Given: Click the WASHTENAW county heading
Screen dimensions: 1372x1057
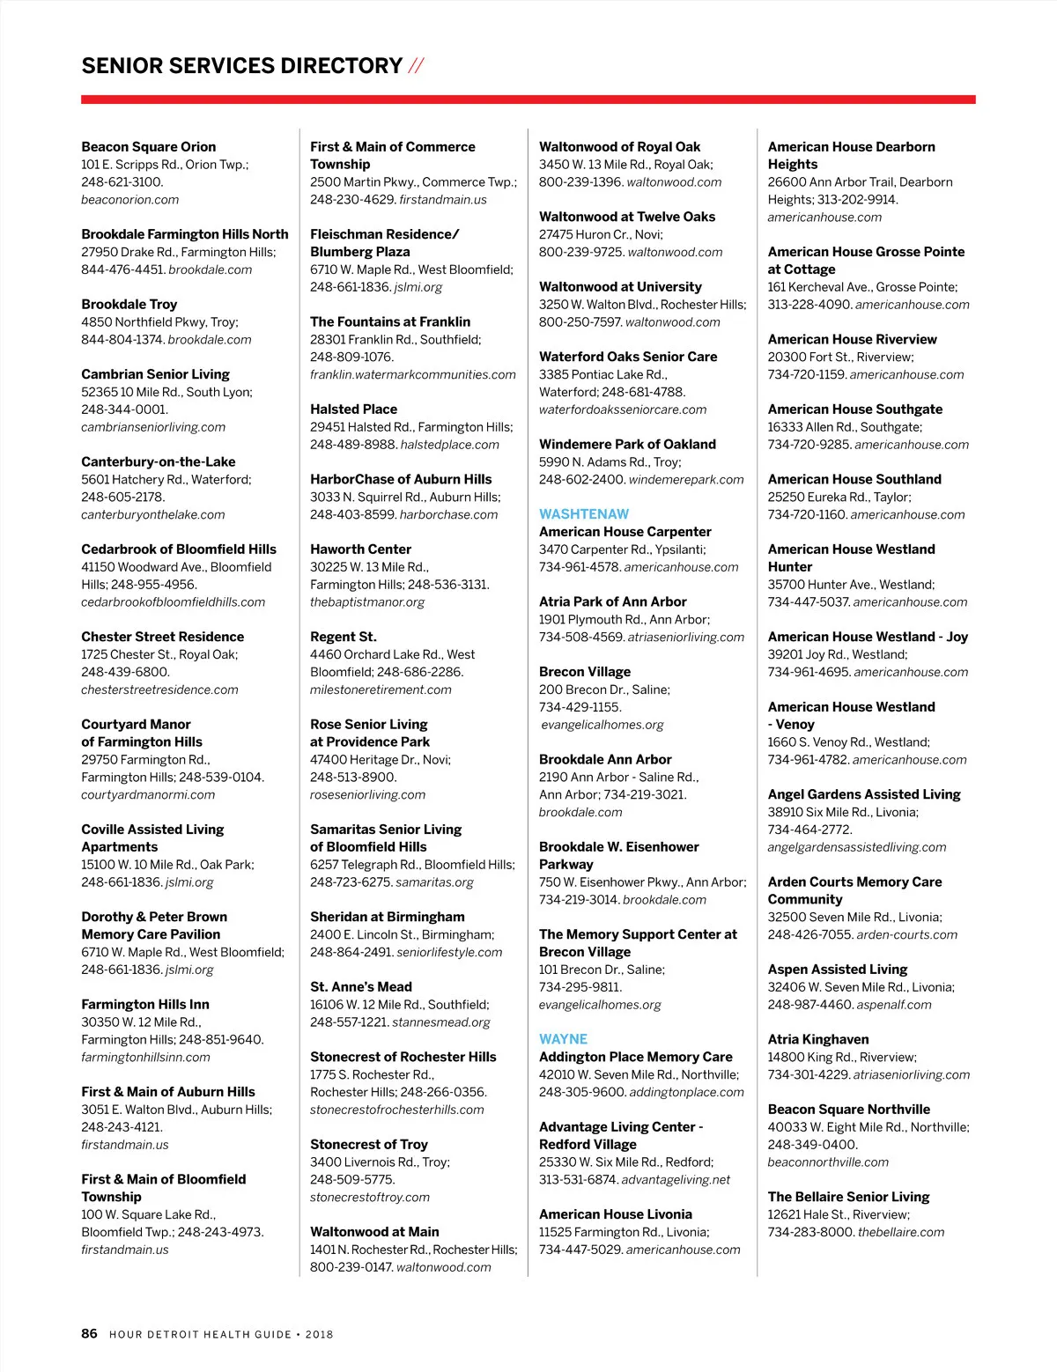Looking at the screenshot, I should (x=584, y=514).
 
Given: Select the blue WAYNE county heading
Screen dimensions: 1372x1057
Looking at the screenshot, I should (x=563, y=1039).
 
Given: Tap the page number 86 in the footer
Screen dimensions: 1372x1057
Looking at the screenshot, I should (x=89, y=1333).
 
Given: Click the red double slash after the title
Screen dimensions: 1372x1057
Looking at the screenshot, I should (x=416, y=66).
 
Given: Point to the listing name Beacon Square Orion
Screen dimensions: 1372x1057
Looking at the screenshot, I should (x=148, y=147).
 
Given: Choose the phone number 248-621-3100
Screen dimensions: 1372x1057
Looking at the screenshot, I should (x=122, y=182).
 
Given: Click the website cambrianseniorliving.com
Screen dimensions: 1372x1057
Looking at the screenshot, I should (x=153, y=427).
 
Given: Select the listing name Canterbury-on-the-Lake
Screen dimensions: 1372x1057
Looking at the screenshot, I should (x=158, y=461).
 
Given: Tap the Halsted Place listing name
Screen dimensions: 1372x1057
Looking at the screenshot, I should (x=353, y=409).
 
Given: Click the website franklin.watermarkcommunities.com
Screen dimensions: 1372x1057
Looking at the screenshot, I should (x=412, y=374).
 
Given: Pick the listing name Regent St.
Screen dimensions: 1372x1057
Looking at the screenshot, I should (x=343, y=637).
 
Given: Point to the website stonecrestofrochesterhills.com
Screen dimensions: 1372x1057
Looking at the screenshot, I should (x=396, y=1110).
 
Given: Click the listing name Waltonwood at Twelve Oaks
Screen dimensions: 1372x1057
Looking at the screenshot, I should (x=626, y=217).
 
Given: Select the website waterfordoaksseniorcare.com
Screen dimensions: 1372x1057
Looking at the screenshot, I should (x=622, y=409).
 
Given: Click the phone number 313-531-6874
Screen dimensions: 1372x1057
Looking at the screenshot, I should (x=578, y=1180).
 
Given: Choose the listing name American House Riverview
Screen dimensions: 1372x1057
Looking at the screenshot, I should (x=852, y=339).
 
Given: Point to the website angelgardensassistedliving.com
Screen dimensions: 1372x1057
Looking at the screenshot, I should (x=856, y=847).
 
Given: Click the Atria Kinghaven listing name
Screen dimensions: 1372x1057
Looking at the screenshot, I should (x=817, y=1039).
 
